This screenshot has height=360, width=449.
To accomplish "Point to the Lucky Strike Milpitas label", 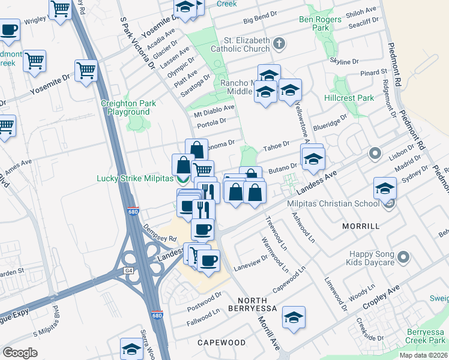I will pos(134,179).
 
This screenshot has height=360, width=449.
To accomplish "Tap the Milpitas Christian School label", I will pos(342,203).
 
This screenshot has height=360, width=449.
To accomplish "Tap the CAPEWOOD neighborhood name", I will pos(221,342).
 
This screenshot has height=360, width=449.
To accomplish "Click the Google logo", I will pos(20,353).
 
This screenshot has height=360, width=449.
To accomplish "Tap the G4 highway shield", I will pos(128,271).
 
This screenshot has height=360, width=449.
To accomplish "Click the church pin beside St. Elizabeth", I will pos(278,43).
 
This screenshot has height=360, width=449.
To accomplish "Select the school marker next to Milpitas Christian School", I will pos(384,188).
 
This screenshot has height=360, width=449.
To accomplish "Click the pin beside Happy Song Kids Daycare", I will pos(403,257).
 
